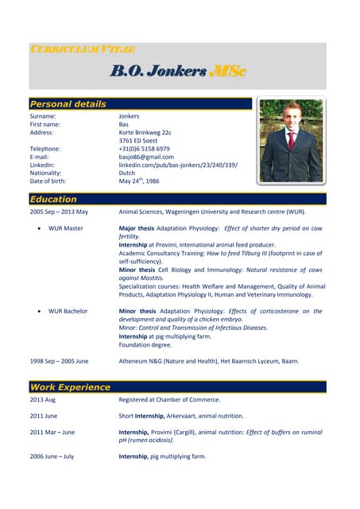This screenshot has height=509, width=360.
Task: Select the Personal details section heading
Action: [x=68, y=104]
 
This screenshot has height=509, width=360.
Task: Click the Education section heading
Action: [x=53, y=199]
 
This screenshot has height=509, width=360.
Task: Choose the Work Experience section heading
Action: [x=70, y=387]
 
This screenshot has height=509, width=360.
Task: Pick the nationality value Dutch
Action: [x=127, y=173]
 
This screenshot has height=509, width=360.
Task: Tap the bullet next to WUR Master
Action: [x=39, y=228]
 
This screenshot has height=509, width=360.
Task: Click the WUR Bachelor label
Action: [x=68, y=311]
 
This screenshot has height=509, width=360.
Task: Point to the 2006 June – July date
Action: [x=52, y=457]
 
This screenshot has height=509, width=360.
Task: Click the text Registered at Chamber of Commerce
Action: [x=169, y=399]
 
